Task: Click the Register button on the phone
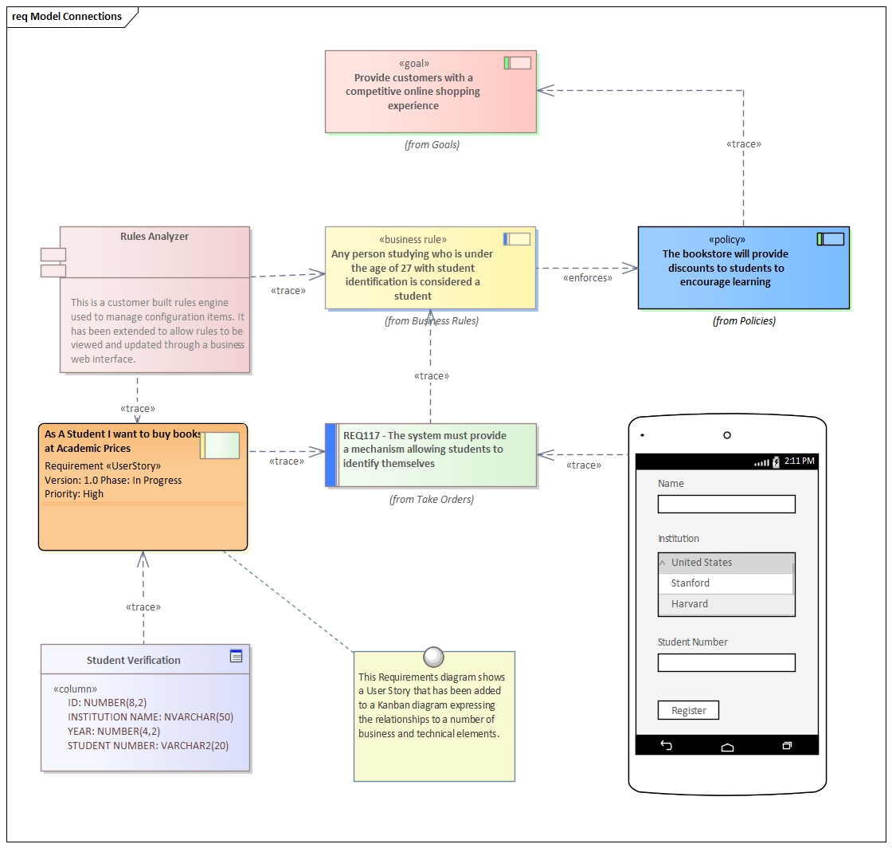688,710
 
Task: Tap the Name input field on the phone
726,504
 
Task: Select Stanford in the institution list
690,583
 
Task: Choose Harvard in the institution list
689,604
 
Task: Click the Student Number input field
726,662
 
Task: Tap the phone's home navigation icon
727,746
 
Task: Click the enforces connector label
588,278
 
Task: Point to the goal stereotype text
413,64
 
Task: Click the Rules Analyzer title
155,237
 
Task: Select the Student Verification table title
134,660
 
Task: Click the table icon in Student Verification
236,656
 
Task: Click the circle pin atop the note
433,657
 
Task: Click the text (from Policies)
744,321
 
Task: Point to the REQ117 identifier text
362,436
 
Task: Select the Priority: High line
74,494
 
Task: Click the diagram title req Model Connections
67,17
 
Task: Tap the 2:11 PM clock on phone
799,461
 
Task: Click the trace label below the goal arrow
744,144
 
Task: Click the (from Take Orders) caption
431,500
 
